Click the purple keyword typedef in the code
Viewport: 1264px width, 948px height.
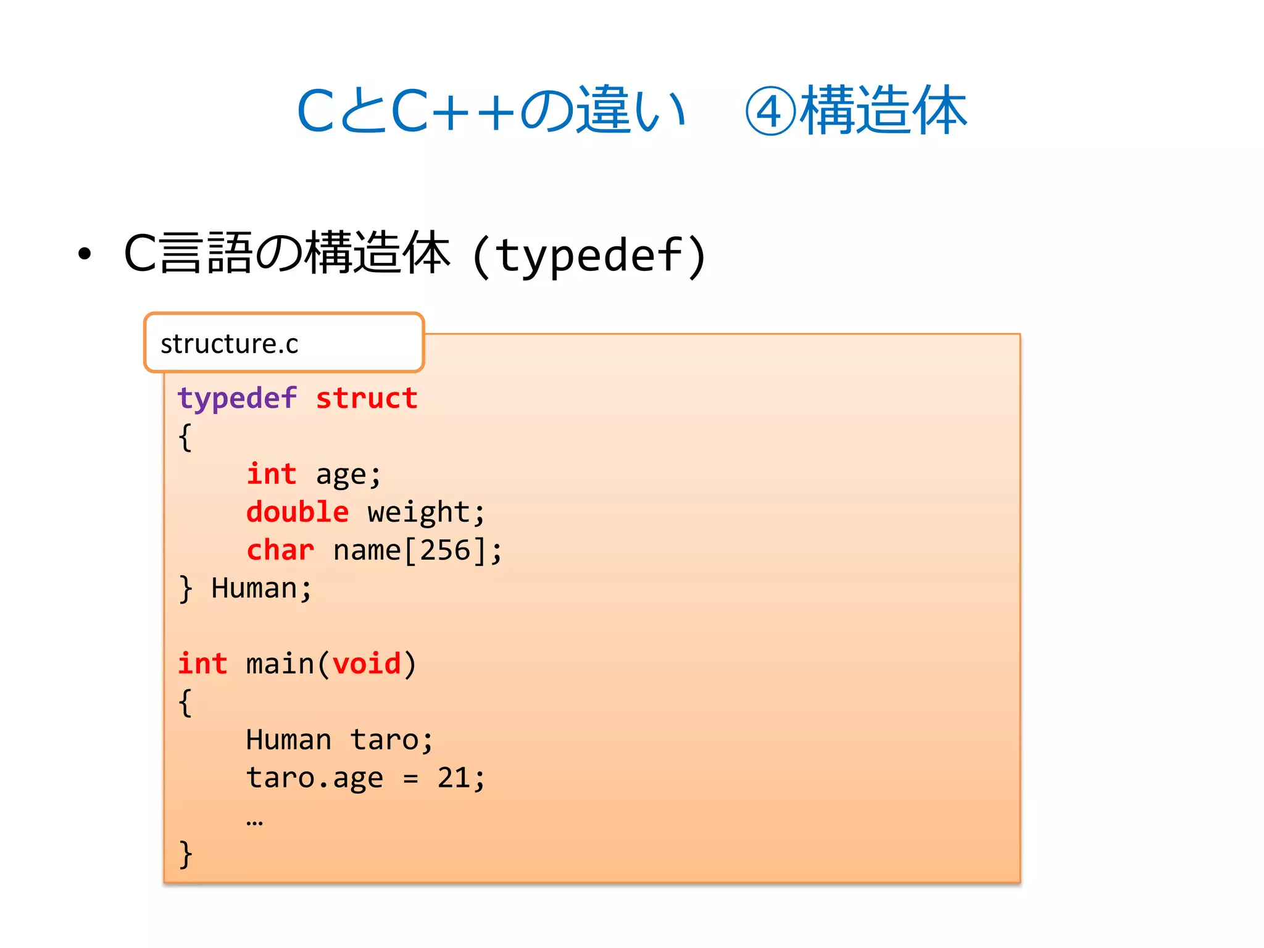[x=237, y=399]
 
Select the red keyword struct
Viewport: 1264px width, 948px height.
[x=367, y=399]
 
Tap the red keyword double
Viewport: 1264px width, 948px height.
[x=297, y=512]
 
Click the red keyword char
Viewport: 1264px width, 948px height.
[x=280, y=550]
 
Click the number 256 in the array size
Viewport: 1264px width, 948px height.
[x=446, y=550]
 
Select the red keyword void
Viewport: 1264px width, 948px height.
[x=367, y=664]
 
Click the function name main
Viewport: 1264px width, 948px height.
[x=280, y=664]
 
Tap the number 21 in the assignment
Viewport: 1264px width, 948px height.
[x=454, y=778]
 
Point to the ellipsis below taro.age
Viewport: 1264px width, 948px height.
[x=254, y=821]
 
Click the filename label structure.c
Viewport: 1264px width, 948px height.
[x=230, y=344]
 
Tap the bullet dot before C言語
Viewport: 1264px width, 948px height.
[x=85, y=254]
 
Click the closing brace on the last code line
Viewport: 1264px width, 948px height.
[x=185, y=854]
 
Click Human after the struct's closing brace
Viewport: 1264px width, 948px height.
[x=254, y=588]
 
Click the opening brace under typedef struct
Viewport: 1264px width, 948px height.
[x=185, y=438]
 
